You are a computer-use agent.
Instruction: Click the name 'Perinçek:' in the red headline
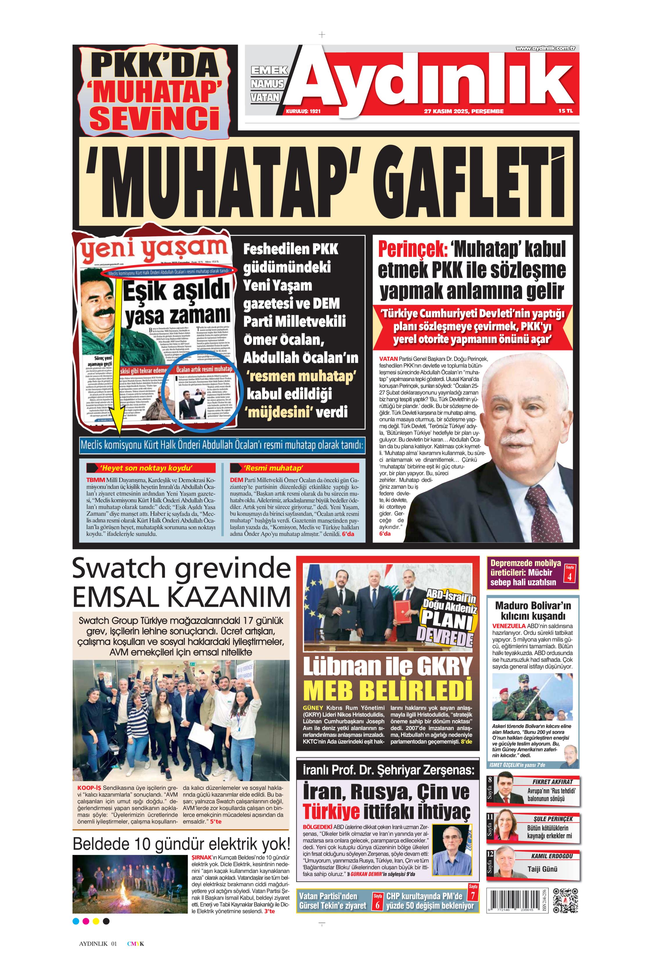[x=413, y=249]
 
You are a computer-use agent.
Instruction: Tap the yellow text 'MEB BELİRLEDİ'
[x=387, y=690]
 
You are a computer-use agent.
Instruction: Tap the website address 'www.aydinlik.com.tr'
[x=545, y=48]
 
